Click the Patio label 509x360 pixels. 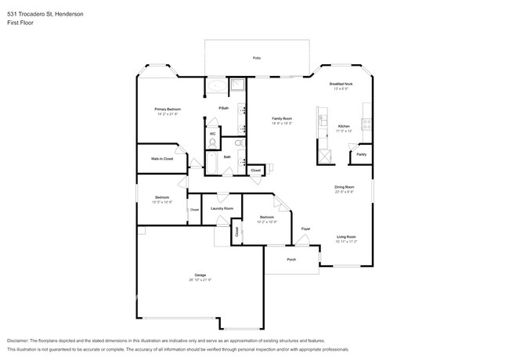click(x=256, y=59)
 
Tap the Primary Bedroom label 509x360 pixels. click(x=168, y=109)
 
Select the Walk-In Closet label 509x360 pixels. click(x=162, y=159)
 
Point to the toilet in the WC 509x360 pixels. click(x=212, y=142)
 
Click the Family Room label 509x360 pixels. click(x=281, y=118)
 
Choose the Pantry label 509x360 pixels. click(x=361, y=154)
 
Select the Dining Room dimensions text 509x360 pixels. click(x=345, y=192)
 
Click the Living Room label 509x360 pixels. click(x=346, y=236)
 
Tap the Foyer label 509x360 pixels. click(x=305, y=229)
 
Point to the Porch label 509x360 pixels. click(x=291, y=259)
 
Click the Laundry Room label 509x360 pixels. click(x=222, y=208)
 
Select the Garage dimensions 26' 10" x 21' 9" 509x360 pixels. click(x=200, y=279)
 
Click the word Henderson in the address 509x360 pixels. click(x=70, y=14)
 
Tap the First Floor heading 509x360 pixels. click(x=22, y=23)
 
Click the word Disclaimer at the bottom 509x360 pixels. click(x=21, y=342)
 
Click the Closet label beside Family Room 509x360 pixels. click(x=255, y=170)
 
